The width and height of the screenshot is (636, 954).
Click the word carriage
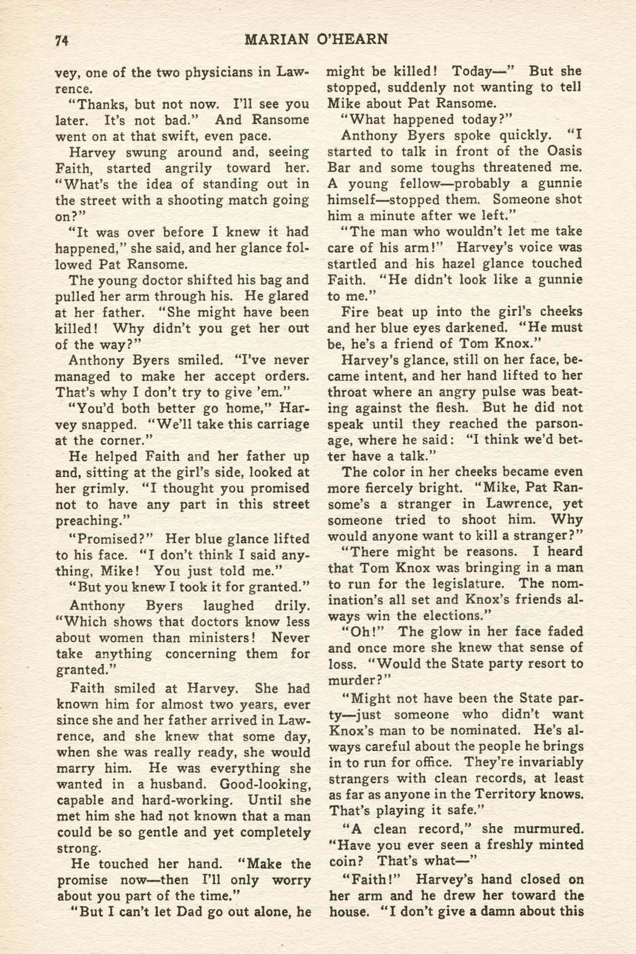[282, 424]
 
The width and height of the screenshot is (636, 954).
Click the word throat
[346, 392]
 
